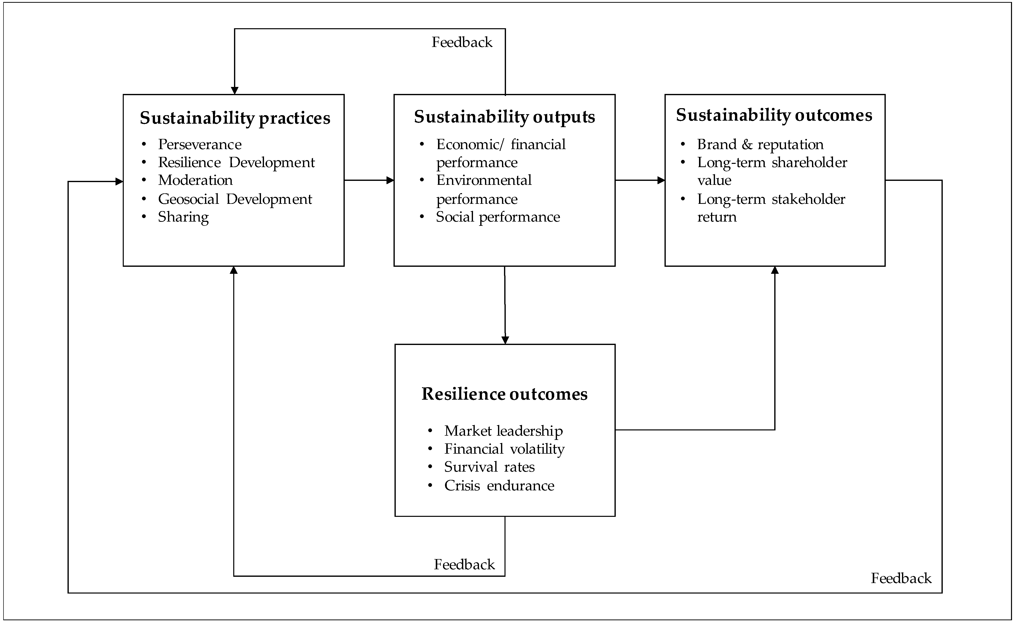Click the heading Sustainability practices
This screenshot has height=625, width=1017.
[x=235, y=118]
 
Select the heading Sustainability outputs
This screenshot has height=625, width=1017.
[x=504, y=117]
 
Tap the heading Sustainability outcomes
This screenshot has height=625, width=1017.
[x=774, y=115]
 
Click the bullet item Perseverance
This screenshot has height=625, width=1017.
[x=200, y=144]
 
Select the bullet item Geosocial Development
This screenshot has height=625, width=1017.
[x=235, y=199]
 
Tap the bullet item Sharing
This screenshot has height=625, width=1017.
[x=183, y=217]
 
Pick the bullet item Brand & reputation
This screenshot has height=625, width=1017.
[x=760, y=144]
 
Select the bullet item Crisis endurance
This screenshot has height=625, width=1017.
[x=499, y=485]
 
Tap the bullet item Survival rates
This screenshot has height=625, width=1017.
[x=489, y=467]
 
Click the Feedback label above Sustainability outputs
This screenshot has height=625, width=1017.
[x=462, y=42]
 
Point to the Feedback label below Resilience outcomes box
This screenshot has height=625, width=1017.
[x=464, y=564]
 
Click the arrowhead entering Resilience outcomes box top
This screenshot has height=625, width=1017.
[x=505, y=340]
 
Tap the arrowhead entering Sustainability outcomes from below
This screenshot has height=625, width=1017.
[x=775, y=270]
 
